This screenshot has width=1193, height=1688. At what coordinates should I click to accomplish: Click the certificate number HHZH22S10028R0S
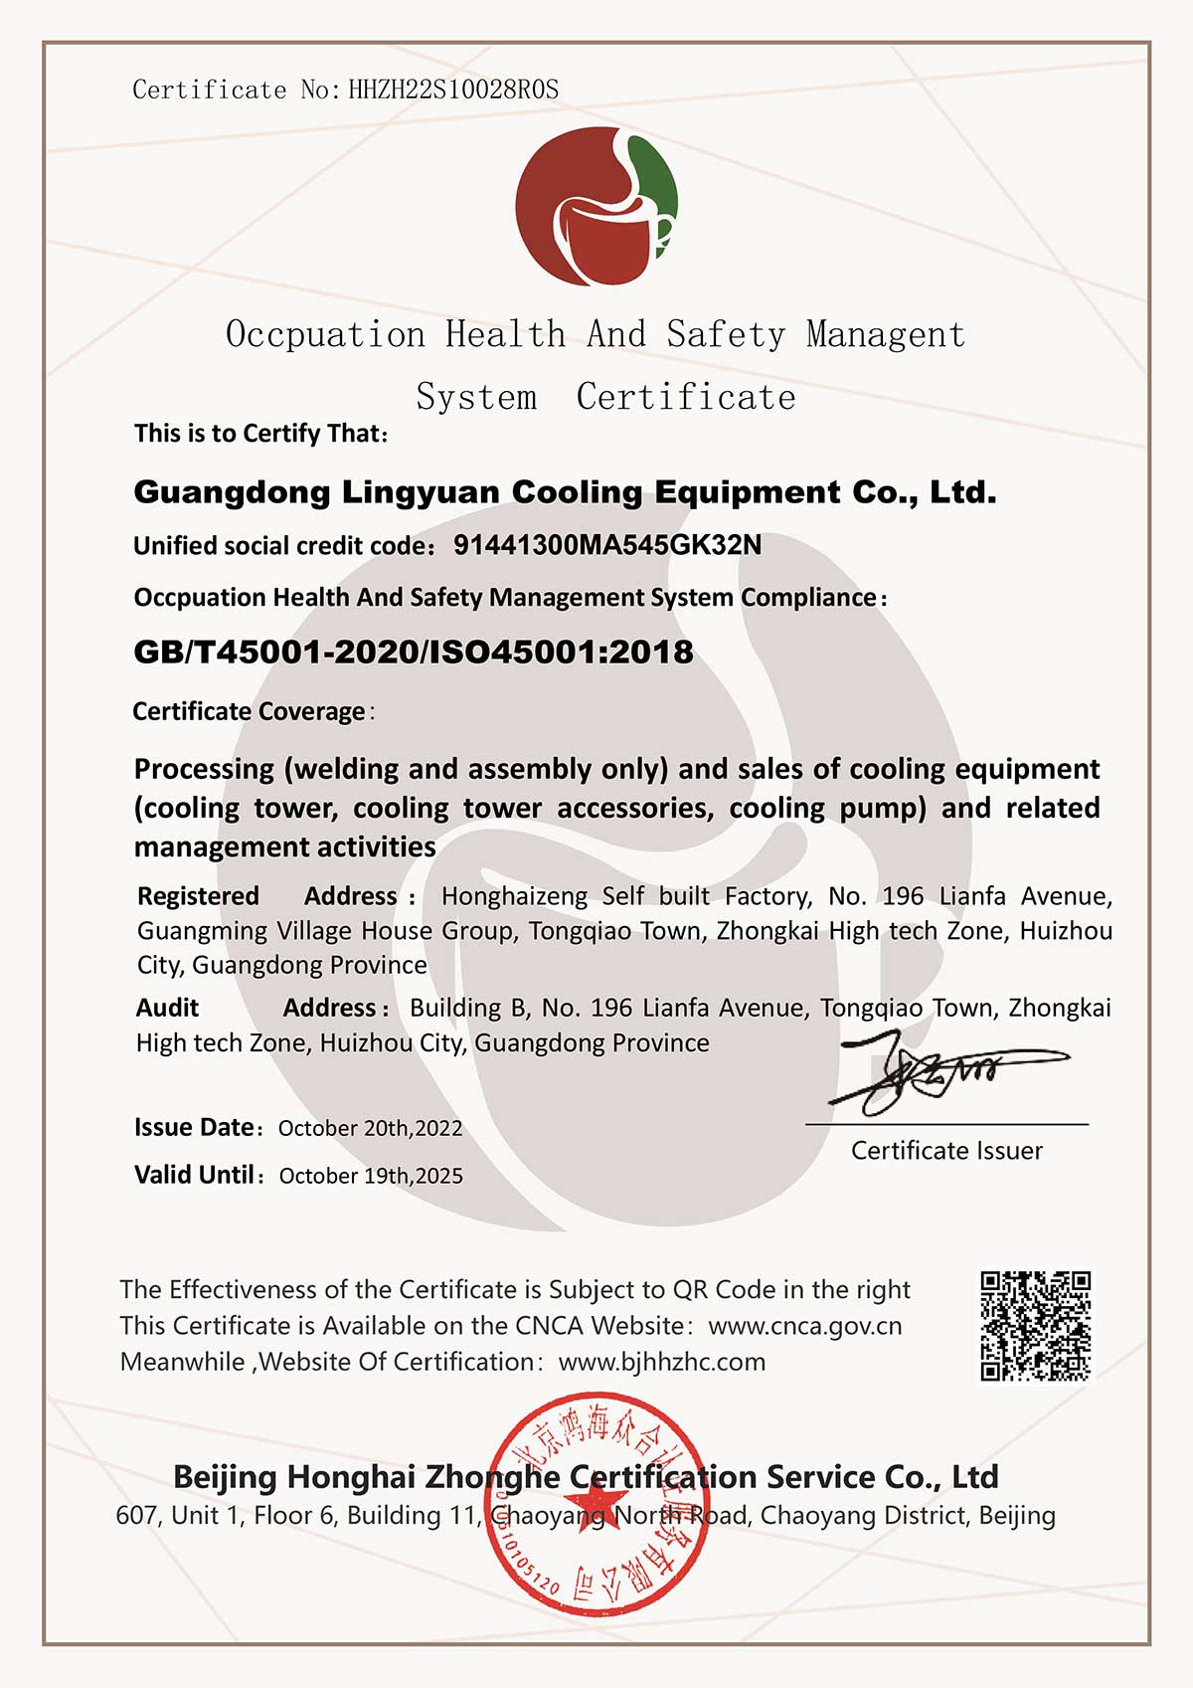click(453, 91)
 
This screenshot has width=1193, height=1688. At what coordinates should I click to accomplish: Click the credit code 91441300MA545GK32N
click(607, 545)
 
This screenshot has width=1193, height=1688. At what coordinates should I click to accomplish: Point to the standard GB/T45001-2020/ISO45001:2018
click(414, 653)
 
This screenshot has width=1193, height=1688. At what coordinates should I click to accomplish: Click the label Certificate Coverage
click(250, 712)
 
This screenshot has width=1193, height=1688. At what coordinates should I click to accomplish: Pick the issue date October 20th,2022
click(370, 1128)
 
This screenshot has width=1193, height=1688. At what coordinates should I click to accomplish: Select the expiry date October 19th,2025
click(371, 1176)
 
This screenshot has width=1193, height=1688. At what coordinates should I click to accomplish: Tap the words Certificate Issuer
click(946, 1151)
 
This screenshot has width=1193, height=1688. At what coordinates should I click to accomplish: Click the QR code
click(1035, 1326)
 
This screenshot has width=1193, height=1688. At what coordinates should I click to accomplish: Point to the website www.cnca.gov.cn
click(805, 1326)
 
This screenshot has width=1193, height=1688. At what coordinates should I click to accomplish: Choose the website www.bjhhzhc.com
click(662, 1362)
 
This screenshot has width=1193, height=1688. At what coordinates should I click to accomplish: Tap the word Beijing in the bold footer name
click(225, 1477)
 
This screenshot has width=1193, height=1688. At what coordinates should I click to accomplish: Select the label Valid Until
click(195, 1175)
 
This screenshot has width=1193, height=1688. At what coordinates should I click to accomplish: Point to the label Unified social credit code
click(282, 546)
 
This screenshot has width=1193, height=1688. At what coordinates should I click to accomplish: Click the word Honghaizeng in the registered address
click(514, 896)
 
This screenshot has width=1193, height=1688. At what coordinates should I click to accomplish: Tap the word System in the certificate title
click(476, 397)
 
